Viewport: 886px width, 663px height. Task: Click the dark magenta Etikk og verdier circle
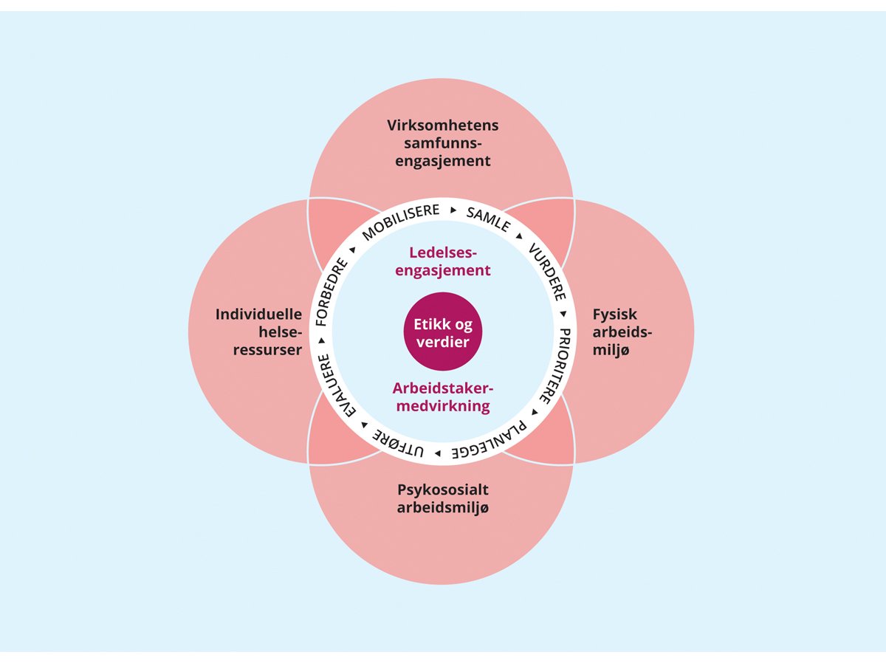pyautogui.click(x=442, y=331)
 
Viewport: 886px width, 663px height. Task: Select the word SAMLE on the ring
pyautogui.click(x=488, y=219)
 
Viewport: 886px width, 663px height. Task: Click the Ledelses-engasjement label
pyautogui.click(x=442, y=261)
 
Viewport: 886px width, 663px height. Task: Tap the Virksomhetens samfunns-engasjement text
pyautogui.click(x=442, y=142)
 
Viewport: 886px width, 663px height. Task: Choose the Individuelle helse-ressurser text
pyautogui.click(x=258, y=331)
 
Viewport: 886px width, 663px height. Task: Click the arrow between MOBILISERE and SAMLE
pyautogui.click(x=453, y=211)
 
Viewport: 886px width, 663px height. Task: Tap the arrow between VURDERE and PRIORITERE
pyautogui.click(x=563, y=315)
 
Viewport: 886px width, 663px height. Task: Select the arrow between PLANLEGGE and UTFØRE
pyautogui.click(x=438, y=452)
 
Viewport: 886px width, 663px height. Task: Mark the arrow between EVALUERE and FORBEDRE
pyautogui.click(x=322, y=340)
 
